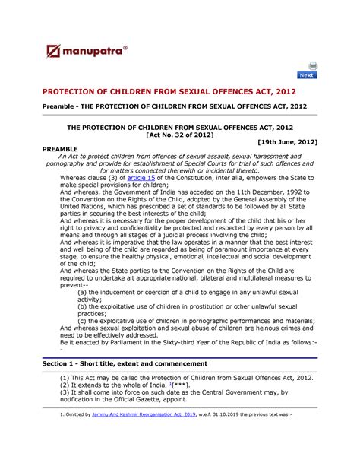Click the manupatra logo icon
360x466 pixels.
(54, 52)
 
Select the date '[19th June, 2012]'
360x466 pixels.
(287, 142)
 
